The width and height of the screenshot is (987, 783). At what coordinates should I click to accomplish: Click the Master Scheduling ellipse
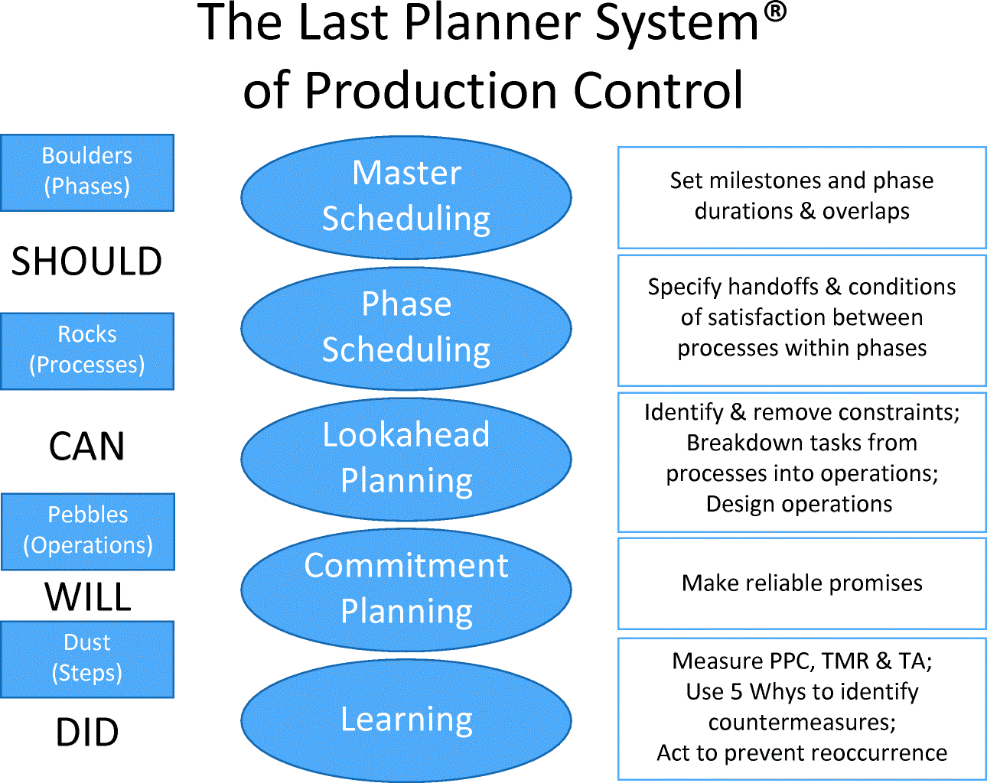pos(406,197)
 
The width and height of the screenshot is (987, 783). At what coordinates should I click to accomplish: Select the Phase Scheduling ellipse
pos(406,328)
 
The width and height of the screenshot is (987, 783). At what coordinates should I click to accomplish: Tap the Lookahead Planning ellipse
pos(406,459)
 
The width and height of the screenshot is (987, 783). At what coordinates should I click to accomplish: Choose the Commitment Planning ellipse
pos(406,590)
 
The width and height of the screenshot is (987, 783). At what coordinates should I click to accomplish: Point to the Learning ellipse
pos(406,720)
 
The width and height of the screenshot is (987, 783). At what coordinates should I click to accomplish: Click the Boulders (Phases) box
pos(87,172)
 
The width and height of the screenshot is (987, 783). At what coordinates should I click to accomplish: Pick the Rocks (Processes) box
pos(87,351)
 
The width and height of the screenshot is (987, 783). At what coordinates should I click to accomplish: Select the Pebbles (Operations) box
pos(88,531)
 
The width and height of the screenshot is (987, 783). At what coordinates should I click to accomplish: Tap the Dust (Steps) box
pos(87,658)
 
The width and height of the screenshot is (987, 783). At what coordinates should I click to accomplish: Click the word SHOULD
pos(86,262)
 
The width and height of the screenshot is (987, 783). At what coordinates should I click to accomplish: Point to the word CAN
pos(86,447)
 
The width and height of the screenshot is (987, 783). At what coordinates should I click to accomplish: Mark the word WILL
pos(87,597)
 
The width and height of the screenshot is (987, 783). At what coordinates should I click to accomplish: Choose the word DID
pos(87,733)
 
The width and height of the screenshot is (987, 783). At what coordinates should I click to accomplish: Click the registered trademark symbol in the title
pos(775,12)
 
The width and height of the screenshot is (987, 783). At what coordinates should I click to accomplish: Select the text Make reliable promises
pos(802,583)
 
